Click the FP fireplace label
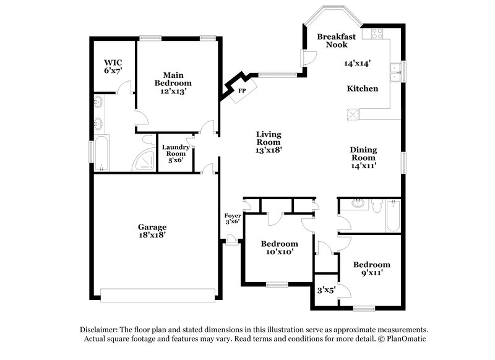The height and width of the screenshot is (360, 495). pyautogui.click(x=242, y=91)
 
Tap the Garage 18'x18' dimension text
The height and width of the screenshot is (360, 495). pyautogui.click(x=152, y=235)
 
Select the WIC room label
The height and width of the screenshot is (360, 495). pyautogui.click(x=113, y=62)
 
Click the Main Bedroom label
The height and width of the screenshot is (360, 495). pyautogui.click(x=173, y=79)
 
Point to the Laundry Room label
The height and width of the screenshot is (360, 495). pyautogui.click(x=176, y=150)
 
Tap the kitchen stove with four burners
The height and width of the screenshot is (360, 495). pyautogui.click(x=377, y=33)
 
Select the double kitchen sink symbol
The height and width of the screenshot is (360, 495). pyautogui.click(x=395, y=72)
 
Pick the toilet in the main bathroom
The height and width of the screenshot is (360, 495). pyautogui.click(x=147, y=139)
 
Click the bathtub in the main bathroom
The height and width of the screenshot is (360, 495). pyautogui.click(x=101, y=153)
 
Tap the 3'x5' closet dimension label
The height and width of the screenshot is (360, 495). pyautogui.click(x=327, y=290)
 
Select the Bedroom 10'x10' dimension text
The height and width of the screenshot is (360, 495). pyautogui.click(x=280, y=252)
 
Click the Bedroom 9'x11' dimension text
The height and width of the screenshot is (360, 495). pyautogui.click(x=372, y=273)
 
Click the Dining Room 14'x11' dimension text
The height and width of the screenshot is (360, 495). pyautogui.click(x=363, y=166)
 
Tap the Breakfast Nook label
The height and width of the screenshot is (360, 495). pyautogui.click(x=337, y=41)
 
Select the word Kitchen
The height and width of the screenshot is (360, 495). pyautogui.click(x=363, y=88)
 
